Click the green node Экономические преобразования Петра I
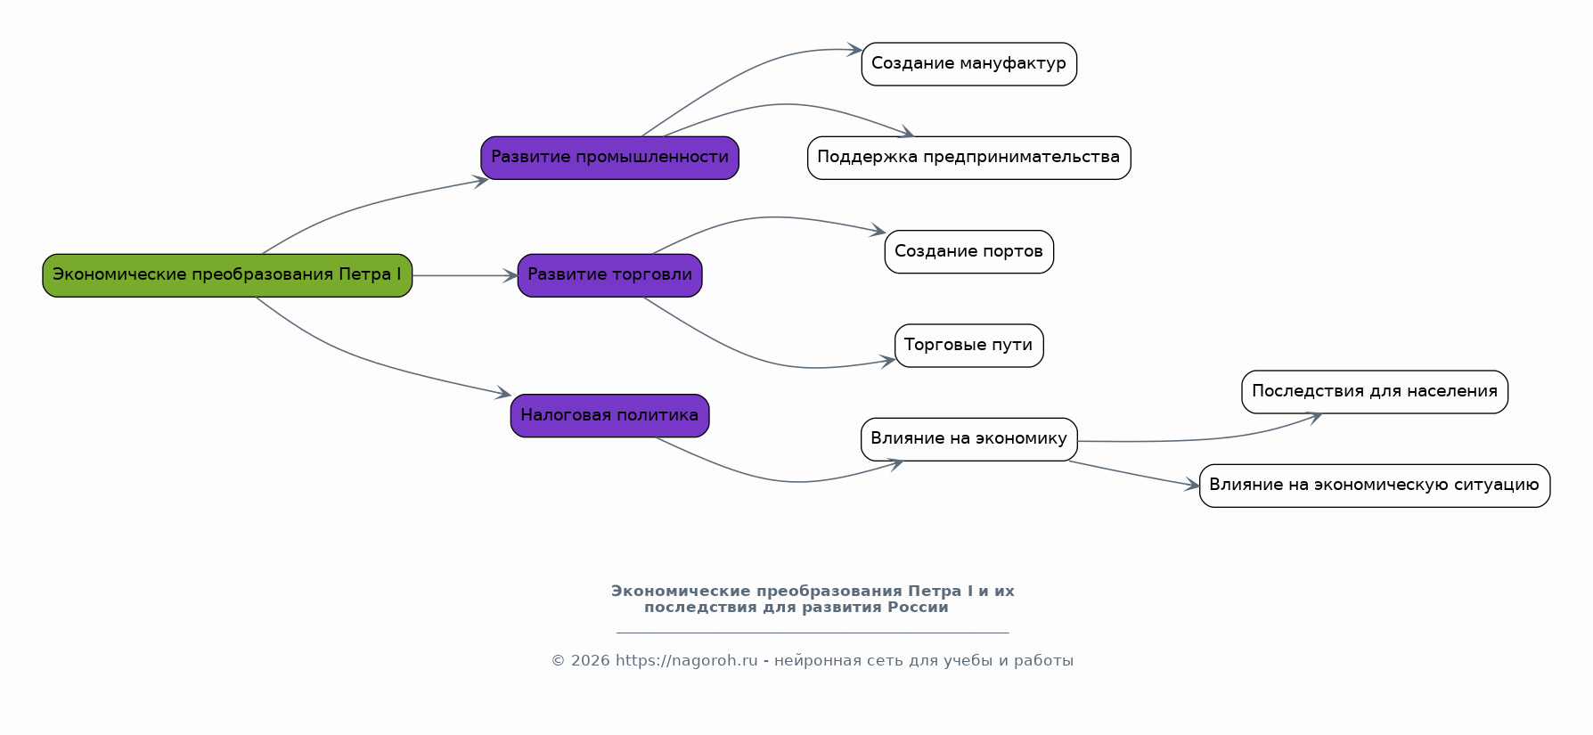(x=227, y=275)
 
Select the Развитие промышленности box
(x=609, y=158)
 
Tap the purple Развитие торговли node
(x=609, y=275)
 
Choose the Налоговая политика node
(x=609, y=416)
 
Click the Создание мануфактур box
(x=968, y=64)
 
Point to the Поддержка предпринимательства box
(x=968, y=158)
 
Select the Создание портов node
(x=968, y=252)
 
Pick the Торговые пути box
(x=968, y=346)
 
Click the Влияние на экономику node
(x=968, y=439)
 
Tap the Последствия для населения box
(x=1374, y=392)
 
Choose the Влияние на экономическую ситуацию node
(x=1374, y=486)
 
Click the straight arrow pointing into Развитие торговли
(x=464, y=276)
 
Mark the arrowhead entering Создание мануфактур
(x=854, y=50)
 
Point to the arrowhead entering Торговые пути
(x=888, y=361)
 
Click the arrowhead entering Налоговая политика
(x=503, y=393)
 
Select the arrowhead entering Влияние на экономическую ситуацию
(x=1192, y=486)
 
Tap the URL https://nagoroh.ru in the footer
(x=686, y=661)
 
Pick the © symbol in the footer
(x=558, y=661)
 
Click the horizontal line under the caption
(x=812, y=633)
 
